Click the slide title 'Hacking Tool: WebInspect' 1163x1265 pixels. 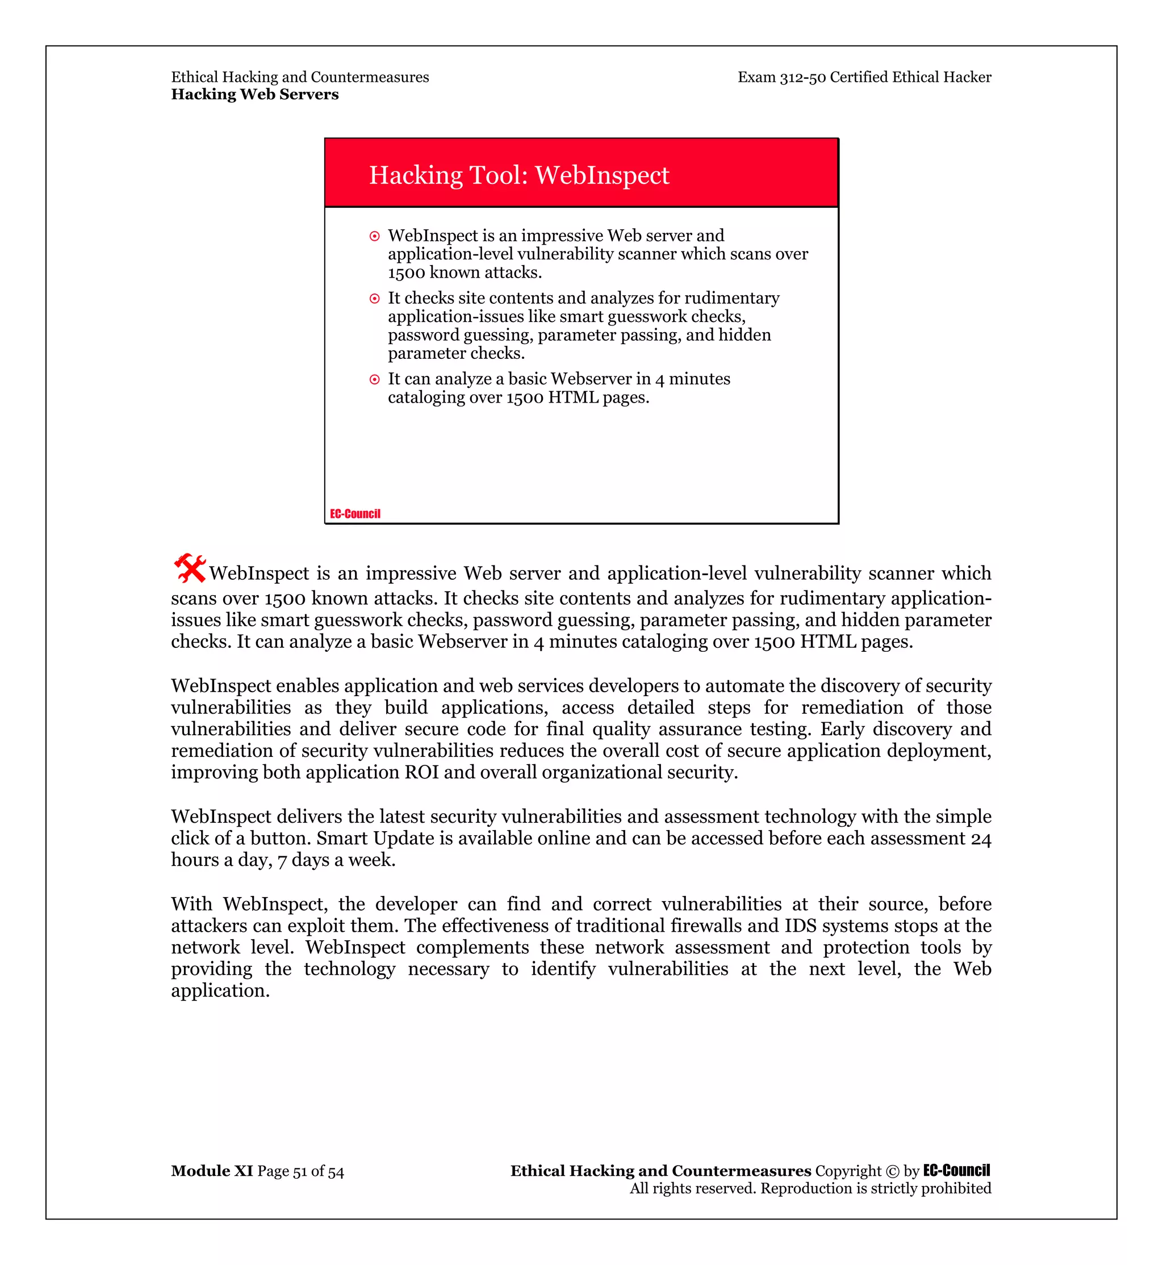pyautogui.click(x=518, y=175)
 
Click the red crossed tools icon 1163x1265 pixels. pyautogui.click(x=190, y=568)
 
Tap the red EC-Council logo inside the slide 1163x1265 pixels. pyautogui.click(x=355, y=514)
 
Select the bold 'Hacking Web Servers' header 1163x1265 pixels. pyautogui.click(x=255, y=94)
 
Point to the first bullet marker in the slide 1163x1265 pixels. pyautogui.click(x=374, y=237)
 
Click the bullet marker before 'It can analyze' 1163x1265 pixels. pyautogui.click(x=374, y=379)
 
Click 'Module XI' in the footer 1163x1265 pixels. pyautogui.click(x=211, y=1171)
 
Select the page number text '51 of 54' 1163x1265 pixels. pyautogui.click(x=319, y=1171)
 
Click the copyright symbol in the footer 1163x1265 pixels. pyautogui.click(x=892, y=1171)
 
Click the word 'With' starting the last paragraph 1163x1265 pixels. pyautogui.click(x=191, y=904)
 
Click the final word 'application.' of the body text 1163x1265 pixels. pyautogui.click(x=220, y=991)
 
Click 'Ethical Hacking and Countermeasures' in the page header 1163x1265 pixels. pyautogui.click(x=300, y=77)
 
